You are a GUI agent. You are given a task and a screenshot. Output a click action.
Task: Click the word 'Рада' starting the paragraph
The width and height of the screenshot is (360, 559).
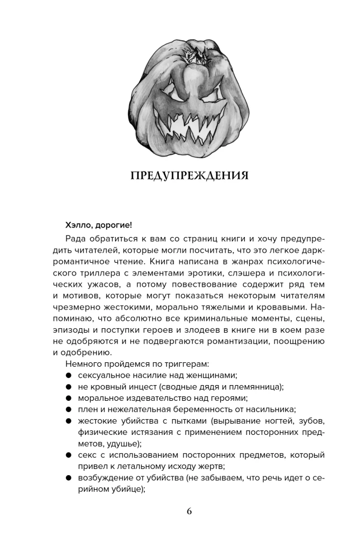(x=78, y=240)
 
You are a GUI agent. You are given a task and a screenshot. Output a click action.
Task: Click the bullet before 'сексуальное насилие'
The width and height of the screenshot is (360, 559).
(x=68, y=376)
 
